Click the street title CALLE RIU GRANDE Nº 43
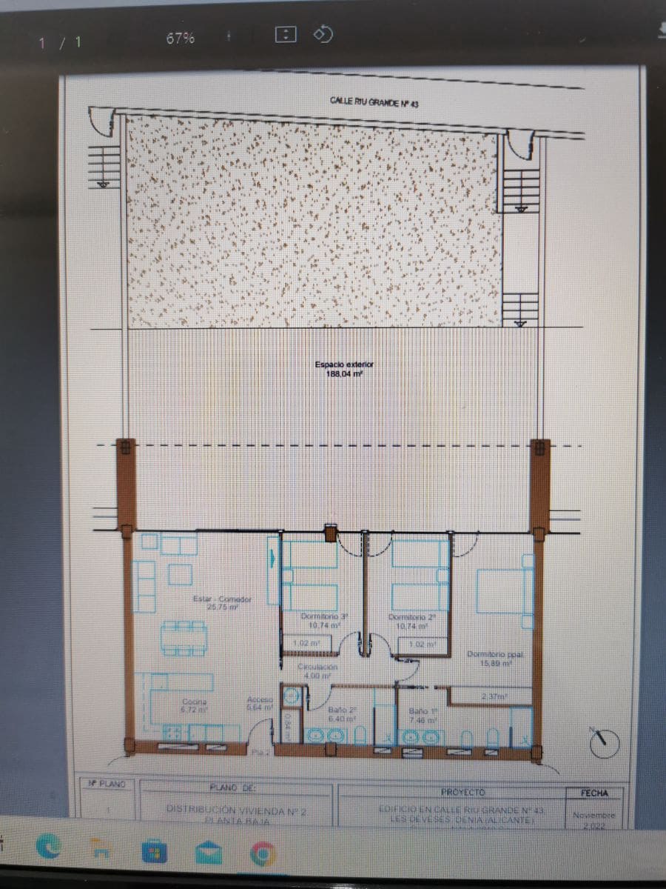pos(374,104)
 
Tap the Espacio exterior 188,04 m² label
pos(344,369)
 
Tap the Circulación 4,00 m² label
pos(319,670)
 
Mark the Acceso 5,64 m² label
pos(260,703)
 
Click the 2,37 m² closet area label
pos(491,696)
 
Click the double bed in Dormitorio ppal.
pos(505,590)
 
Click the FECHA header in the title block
pos(594,793)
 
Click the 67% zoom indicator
pos(181,39)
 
